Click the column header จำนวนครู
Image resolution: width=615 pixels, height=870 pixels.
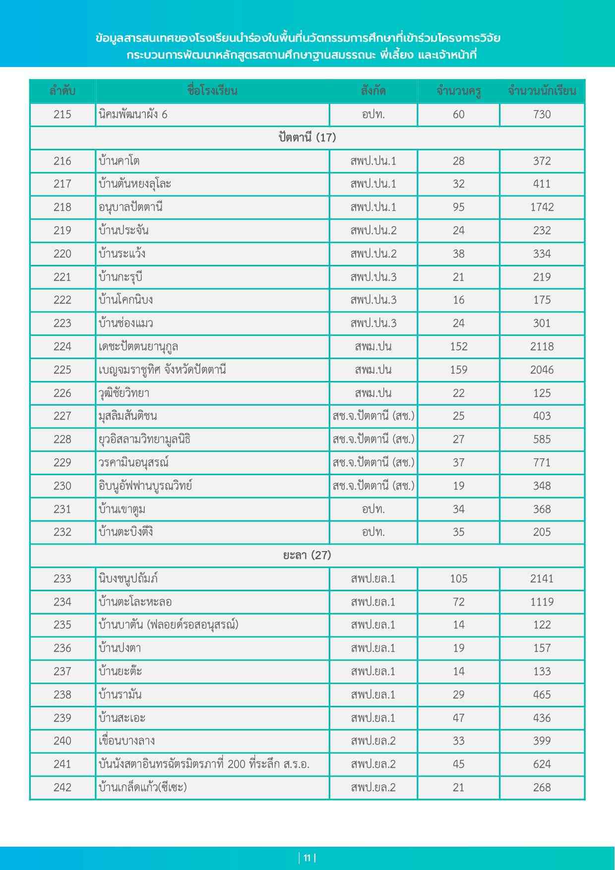tap(458, 91)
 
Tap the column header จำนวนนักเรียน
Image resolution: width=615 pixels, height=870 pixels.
tap(542, 91)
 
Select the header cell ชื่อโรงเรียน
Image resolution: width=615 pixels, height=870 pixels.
tap(212, 91)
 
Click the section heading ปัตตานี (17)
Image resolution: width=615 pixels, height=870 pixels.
tap(307, 137)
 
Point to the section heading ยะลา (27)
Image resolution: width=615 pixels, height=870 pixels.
tap(307, 555)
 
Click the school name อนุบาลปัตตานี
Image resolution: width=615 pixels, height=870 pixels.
tap(130, 207)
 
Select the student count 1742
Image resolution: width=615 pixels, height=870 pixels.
tap(542, 207)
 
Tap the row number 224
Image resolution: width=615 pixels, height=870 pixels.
tap(62, 347)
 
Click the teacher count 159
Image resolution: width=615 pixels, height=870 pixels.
tap(458, 370)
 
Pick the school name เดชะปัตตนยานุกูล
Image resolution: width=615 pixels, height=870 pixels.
tap(138, 347)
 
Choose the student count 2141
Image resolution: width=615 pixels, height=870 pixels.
tap(542, 578)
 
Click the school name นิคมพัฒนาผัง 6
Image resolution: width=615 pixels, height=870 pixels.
tap(133, 115)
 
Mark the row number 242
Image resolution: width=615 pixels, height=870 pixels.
tap(62, 787)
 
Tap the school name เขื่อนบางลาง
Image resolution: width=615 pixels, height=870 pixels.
tap(127, 741)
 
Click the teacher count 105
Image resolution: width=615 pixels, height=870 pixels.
tap(458, 578)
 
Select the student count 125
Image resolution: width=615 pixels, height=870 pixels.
tap(542, 393)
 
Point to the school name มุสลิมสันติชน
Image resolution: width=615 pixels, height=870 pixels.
tap(128, 416)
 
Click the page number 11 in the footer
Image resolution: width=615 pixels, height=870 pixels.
tap(307, 858)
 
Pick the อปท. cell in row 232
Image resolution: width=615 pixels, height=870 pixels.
tap(373, 532)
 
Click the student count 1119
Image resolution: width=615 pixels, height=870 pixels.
tap(542, 602)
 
